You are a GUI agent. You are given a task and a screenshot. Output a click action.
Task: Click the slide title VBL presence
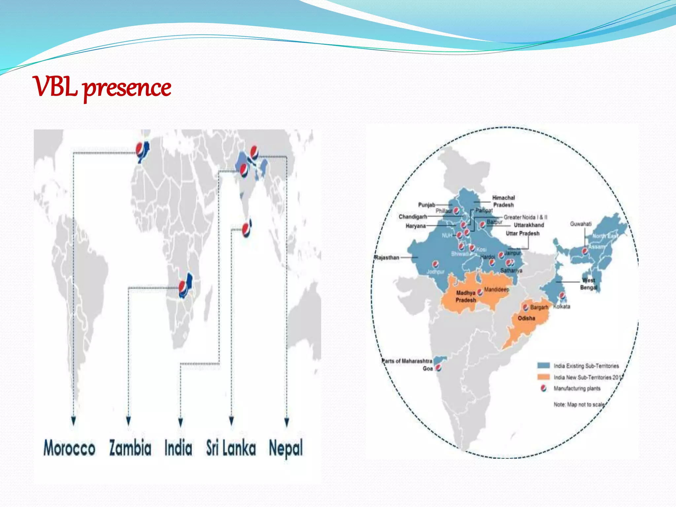102,87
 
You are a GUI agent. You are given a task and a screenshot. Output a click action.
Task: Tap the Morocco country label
69,448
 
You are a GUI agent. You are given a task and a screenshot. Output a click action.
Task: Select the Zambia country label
130,448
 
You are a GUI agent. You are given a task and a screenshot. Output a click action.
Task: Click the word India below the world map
178,448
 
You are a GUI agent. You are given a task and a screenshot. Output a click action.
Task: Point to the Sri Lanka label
231,448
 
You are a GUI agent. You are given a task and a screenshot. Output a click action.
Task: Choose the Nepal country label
286,448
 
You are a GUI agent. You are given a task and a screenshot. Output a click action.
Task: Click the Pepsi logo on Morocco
140,149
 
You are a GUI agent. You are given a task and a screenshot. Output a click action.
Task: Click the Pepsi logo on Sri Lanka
246,229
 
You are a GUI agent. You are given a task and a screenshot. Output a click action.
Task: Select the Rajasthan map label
387,257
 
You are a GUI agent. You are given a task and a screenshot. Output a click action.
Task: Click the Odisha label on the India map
526,318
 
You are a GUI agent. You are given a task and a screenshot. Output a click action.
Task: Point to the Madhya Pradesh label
466,296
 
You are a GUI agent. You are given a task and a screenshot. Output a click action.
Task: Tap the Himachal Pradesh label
503,201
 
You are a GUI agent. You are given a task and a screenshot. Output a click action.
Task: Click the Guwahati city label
581,224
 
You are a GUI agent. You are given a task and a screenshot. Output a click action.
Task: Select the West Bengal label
589,284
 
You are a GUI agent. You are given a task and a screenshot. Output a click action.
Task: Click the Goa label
427,369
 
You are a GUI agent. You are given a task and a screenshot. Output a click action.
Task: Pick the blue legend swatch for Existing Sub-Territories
543,365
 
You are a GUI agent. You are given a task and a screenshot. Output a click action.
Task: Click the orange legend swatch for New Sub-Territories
543,377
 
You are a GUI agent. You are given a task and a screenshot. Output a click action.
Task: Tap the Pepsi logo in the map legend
543,388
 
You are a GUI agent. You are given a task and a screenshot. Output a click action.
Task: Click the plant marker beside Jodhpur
435,264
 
